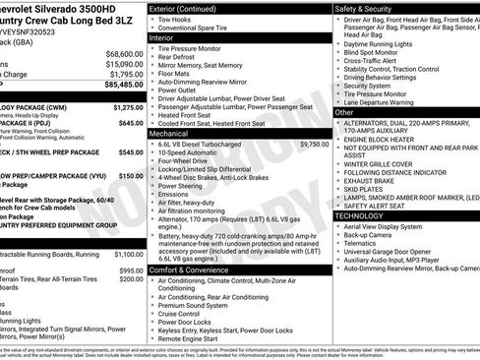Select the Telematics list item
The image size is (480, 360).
point(368,246)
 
